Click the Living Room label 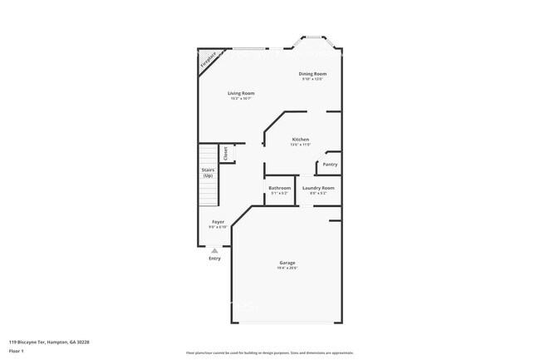pyautogui.click(x=241, y=93)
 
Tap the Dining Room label pyautogui.click(x=311, y=74)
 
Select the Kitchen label pyautogui.click(x=300, y=139)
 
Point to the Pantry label pyautogui.click(x=330, y=165)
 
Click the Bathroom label pyautogui.click(x=280, y=188)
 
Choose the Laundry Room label pyautogui.click(x=318, y=188)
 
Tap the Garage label pyautogui.click(x=287, y=264)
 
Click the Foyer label pyautogui.click(x=218, y=222)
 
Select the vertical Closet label pyautogui.click(x=225, y=154)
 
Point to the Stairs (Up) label pyautogui.click(x=208, y=173)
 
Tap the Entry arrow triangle pyautogui.click(x=215, y=249)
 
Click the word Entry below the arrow pyautogui.click(x=215, y=258)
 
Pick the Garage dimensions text pyautogui.click(x=287, y=269)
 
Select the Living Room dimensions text pyautogui.click(x=241, y=98)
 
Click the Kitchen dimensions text pyautogui.click(x=300, y=144)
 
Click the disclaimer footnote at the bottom pyautogui.click(x=269, y=353)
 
